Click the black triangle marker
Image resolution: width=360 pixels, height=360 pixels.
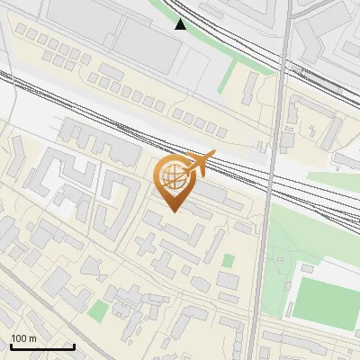(181, 24)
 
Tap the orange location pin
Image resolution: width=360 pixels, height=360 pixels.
(175, 181)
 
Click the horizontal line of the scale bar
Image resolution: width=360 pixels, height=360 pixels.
(41, 346)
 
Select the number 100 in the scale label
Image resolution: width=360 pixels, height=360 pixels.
(20, 337)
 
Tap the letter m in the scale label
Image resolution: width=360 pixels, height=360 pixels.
(33, 337)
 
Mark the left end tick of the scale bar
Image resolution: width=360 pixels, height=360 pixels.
(10, 345)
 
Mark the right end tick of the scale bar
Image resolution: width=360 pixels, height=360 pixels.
(73, 345)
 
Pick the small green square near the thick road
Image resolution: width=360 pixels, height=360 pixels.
(228, 261)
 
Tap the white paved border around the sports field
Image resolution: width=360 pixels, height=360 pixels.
(333, 270)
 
